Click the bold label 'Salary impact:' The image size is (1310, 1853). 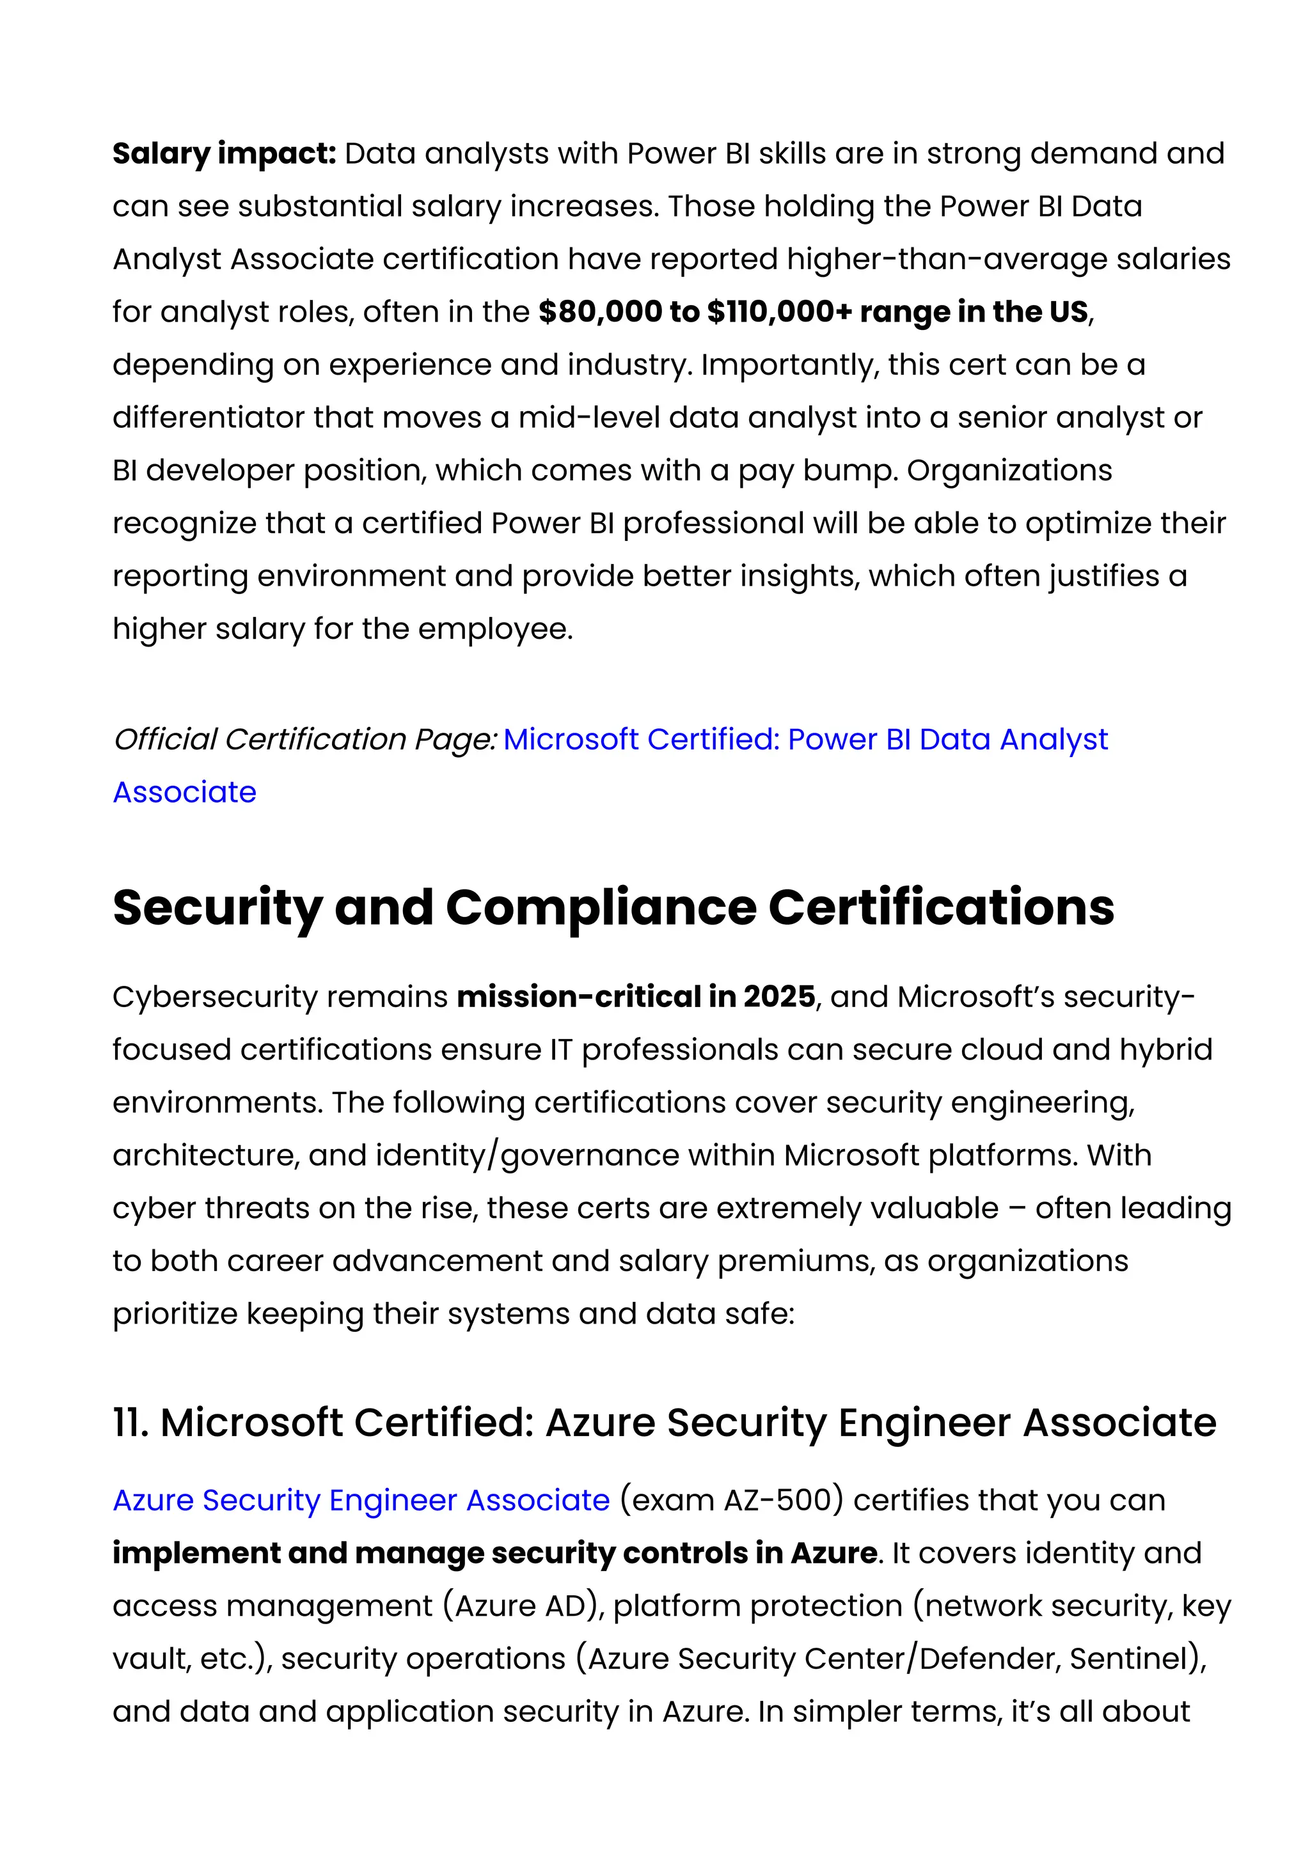click(224, 153)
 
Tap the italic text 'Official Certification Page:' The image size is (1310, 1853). click(304, 739)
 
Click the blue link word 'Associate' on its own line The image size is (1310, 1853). click(184, 792)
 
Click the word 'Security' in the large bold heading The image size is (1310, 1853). click(217, 907)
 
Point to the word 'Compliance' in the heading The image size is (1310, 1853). click(601, 907)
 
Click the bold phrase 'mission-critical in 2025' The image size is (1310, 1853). click(635, 997)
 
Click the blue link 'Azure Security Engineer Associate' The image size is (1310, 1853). click(361, 1499)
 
